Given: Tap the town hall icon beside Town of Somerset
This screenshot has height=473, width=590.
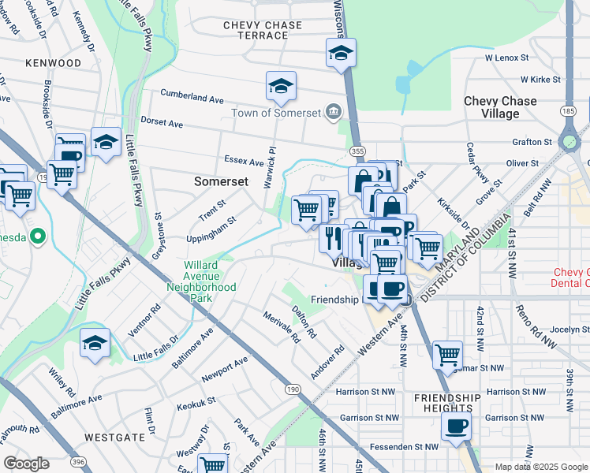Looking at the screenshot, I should [x=334, y=112].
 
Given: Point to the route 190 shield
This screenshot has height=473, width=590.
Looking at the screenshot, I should [x=293, y=389].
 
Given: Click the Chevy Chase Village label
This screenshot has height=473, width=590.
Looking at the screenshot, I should [x=500, y=107].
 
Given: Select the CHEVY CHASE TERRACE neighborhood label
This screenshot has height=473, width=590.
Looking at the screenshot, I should [x=263, y=31].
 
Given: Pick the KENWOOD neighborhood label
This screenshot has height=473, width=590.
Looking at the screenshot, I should [x=53, y=62].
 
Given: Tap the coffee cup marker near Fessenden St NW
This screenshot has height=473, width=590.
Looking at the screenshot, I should [x=455, y=426].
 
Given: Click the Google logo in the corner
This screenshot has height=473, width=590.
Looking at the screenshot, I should [x=26, y=464].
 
